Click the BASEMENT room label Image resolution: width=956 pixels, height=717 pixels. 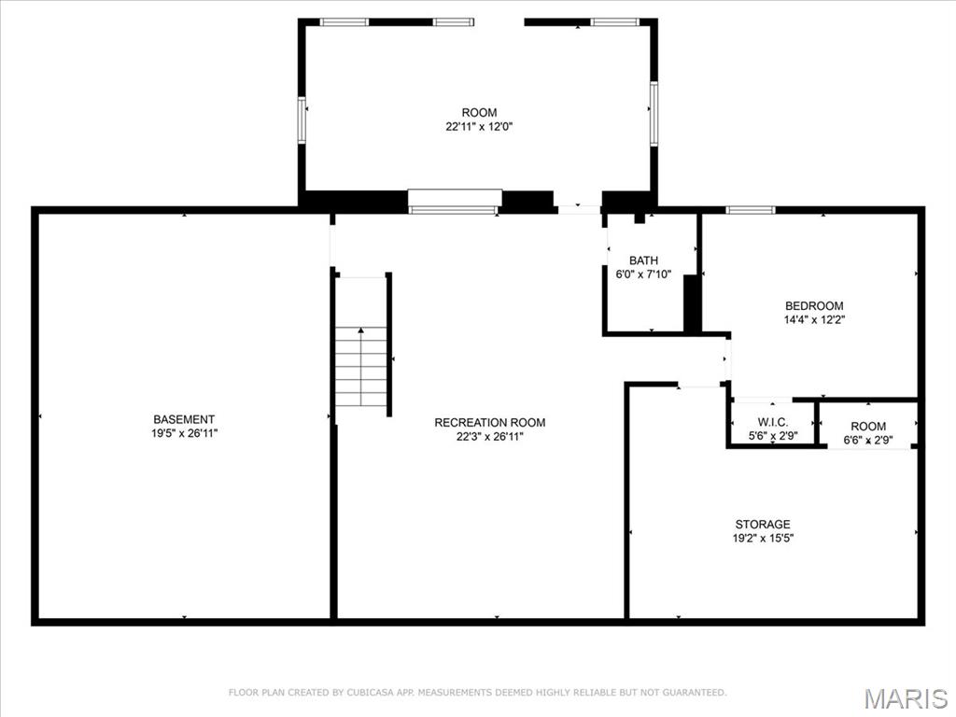(x=184, y=419)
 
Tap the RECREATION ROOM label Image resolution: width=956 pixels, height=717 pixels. (x=490, y=422)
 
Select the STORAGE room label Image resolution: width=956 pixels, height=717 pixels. (x=762, y=524)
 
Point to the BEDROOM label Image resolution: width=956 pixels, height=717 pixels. (x=814, y=305)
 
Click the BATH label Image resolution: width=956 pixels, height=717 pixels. (x=643, y=260)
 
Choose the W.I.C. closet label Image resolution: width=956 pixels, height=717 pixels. (x=773, y=421)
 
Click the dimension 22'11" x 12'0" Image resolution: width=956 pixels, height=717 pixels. (x=479, y=126)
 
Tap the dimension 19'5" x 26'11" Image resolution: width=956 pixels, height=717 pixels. (x=184, y=433)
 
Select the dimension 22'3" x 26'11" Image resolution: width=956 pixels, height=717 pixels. (x=490, y=436)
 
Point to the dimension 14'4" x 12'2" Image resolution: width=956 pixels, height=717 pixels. (x=814, y=319)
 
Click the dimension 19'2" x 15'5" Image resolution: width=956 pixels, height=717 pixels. (x=762, y=538)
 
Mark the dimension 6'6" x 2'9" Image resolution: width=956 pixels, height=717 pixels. (x=868, y=440)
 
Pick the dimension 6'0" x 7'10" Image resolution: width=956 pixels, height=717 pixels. (x=643, y=274)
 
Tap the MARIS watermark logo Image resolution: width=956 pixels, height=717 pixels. (x=906, y=698)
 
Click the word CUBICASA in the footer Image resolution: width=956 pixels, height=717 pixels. (x=370, y=693)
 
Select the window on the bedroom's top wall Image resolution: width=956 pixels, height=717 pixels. (x=751, y=210)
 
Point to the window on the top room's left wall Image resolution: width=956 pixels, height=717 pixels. (x=302, y=119)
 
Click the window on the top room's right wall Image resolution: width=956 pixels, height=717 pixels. (x=654, y=112)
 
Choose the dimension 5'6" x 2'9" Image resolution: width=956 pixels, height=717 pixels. (x=773, y=435)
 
